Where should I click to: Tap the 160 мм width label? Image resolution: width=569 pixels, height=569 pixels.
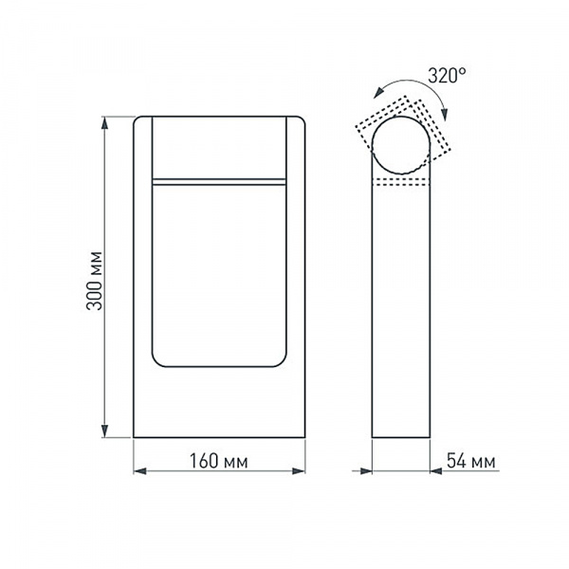click(x=219, y=462)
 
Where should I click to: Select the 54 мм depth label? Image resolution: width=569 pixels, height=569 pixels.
click(x=468, y=462)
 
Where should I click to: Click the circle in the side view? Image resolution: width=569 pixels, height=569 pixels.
click(x=403, y=143)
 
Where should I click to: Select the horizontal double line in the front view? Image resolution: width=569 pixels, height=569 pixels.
click(x=219, y=178)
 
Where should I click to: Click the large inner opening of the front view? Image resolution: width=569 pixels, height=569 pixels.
click(x=219, y=275)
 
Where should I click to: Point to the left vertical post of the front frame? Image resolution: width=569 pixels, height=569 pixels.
click(x=142, y=275)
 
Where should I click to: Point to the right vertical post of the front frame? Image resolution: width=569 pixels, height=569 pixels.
click(x=296, y=275)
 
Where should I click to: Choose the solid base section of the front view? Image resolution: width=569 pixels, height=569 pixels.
click(x=219, y=403)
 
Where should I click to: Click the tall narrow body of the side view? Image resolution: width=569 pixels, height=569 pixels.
click(x=403, y=313)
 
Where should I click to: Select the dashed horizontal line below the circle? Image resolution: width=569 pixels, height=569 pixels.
click(x=403, y=180)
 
